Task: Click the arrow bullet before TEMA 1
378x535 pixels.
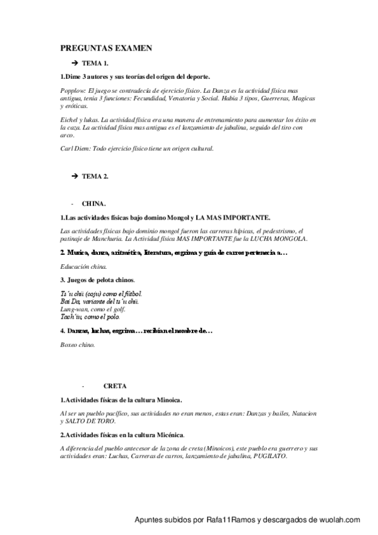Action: click(x=74, y=64)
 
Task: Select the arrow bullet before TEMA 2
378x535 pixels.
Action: click(x=74, y=177)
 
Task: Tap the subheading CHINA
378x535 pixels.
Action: click(x=94, y=204)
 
